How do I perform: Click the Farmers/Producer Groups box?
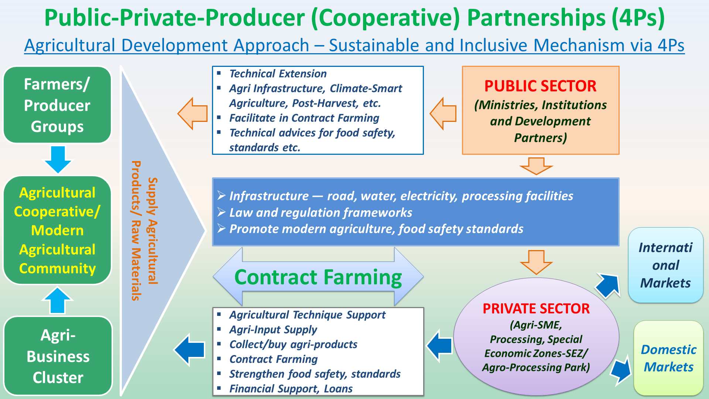point(57,105)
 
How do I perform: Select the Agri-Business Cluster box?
point(58,356)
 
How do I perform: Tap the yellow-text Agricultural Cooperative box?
point(57,230)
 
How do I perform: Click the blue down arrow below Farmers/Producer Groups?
point(58,159)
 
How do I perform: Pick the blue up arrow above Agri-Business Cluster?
point(57,301)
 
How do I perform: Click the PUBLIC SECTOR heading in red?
point(540,86)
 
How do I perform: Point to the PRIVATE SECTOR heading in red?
point(536,308)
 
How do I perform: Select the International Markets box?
point(665,265)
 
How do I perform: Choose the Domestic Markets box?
point(668,358)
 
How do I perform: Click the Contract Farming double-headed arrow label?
point(318,277)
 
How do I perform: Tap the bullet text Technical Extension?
point(278,74)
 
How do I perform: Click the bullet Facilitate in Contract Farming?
point(304,118)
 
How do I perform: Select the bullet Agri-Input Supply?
point(273,330)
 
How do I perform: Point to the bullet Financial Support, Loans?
point(291,389)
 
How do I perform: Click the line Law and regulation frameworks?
point(321,212)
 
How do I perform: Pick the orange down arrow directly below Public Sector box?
point(536,166)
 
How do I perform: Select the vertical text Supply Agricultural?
point(153,231)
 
